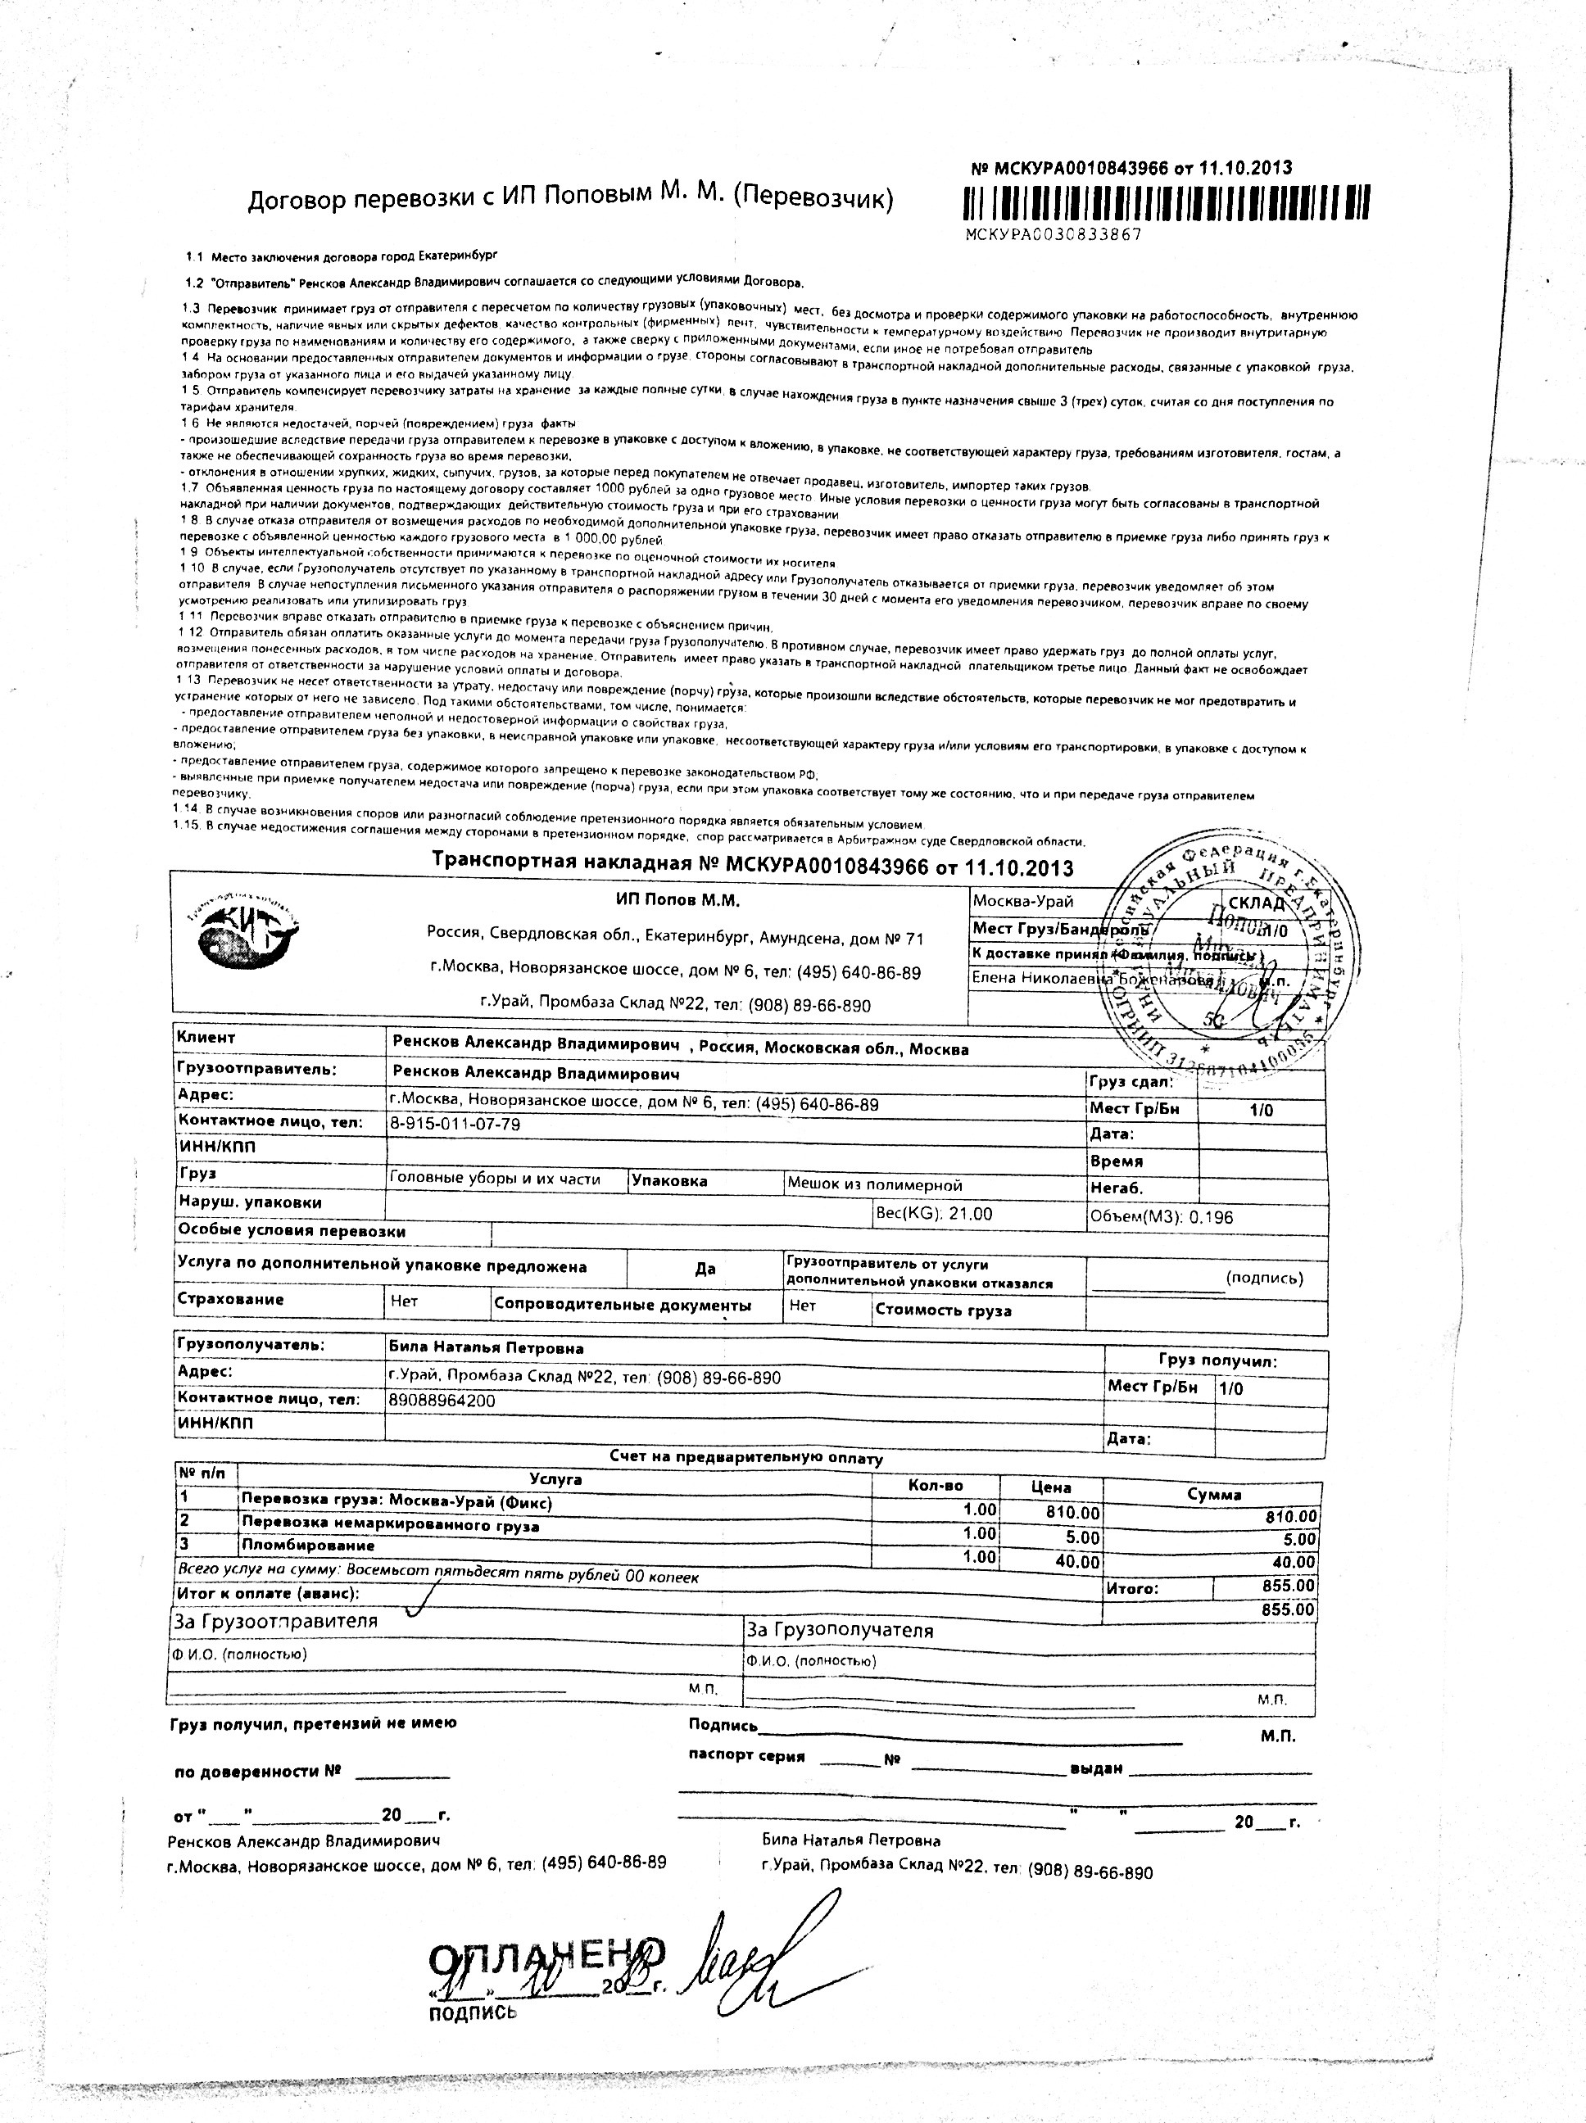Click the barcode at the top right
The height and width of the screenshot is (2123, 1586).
(x=1166, y=202)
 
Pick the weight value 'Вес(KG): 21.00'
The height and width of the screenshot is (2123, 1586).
(x=933, y=1214)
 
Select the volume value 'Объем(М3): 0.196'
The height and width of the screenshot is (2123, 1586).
(x=1162, y=1217)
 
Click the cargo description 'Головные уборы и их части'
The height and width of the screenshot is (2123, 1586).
(x=495, y=1179)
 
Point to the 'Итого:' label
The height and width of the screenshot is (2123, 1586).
(x=1132, y=1588)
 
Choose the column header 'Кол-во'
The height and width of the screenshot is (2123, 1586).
(x=935, y=1486)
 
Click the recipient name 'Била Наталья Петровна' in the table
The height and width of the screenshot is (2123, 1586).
(x=486, y=1348)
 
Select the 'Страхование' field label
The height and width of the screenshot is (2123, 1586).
(x=230, y=1300)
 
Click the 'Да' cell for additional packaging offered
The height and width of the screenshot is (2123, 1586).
(x=705, y=1269)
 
